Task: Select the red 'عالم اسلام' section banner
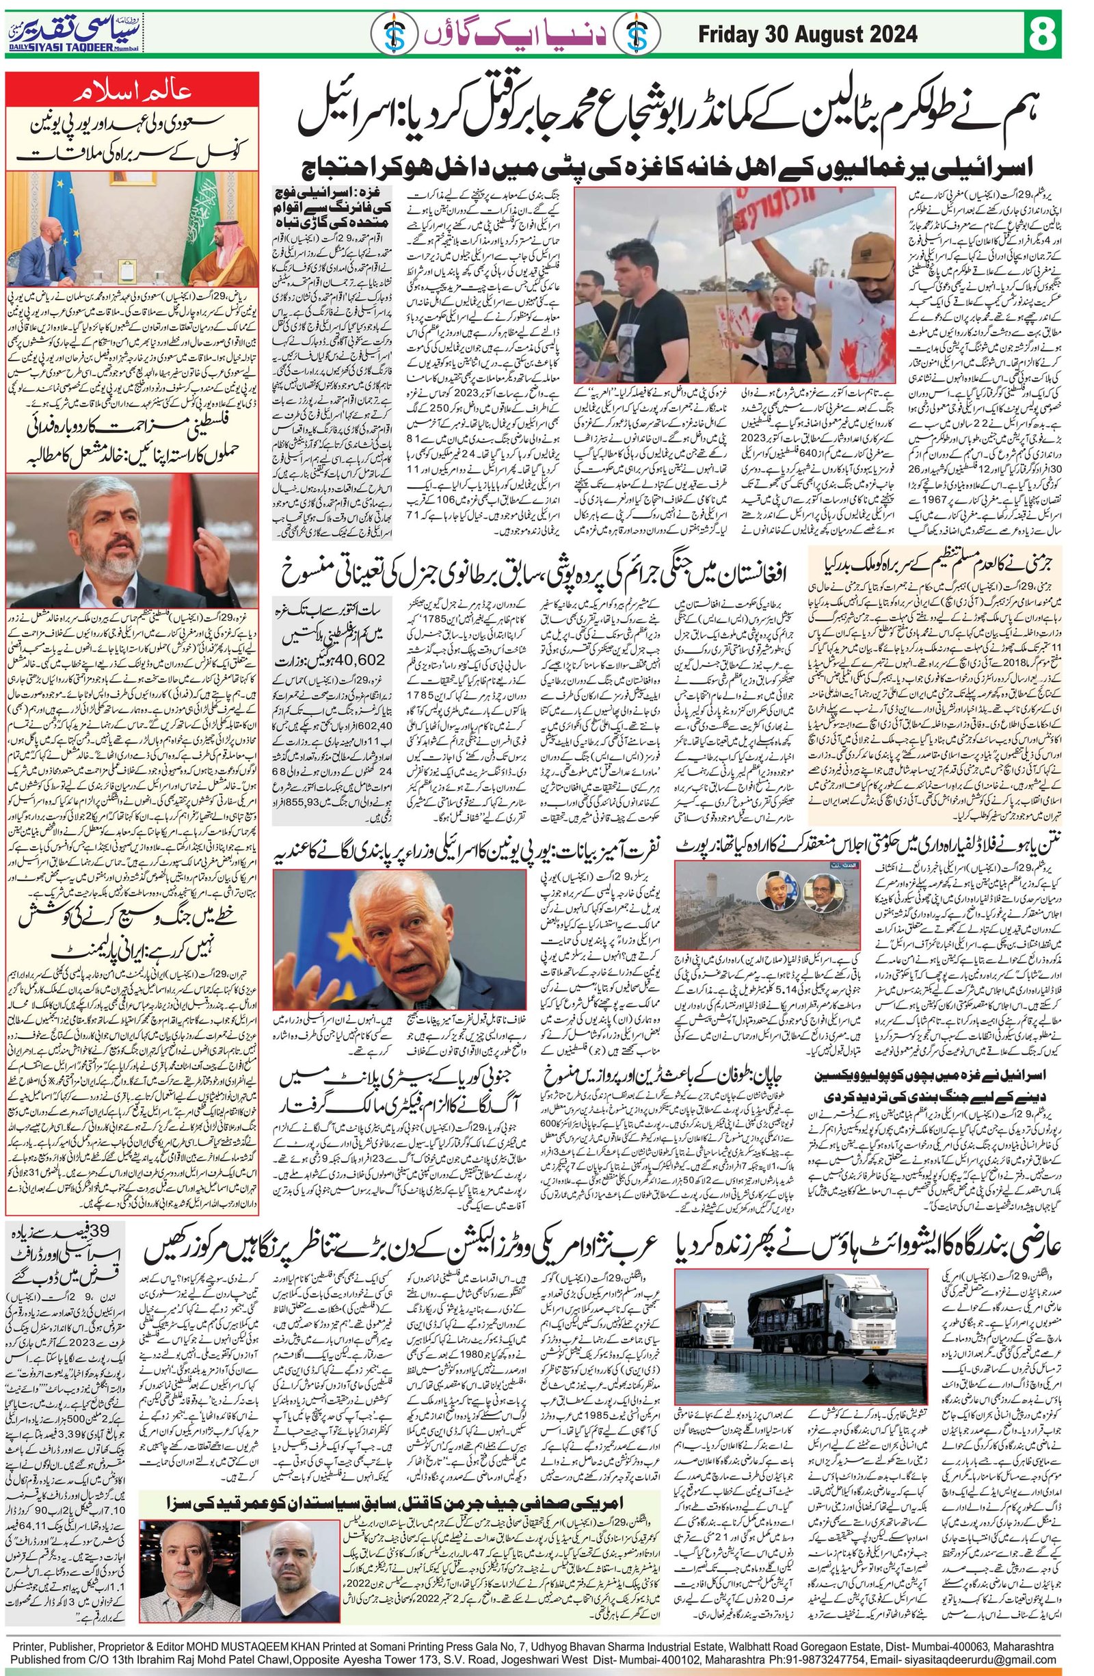coord(133,92)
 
